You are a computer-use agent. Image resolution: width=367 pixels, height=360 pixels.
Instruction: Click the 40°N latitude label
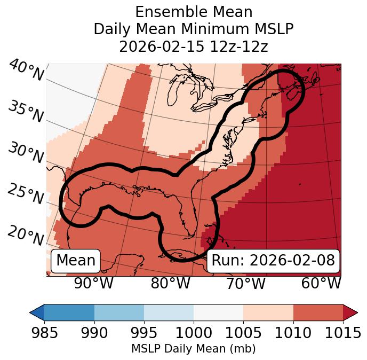pos(26,70)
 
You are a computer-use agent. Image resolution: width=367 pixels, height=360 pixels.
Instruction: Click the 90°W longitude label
pos(94,283)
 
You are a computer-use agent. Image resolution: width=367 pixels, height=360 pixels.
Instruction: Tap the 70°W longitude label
pos(246,283)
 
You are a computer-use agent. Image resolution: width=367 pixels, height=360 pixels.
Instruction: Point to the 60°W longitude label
pos(321,283)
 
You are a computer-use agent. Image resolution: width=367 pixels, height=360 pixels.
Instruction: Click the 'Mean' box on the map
pos(76,261)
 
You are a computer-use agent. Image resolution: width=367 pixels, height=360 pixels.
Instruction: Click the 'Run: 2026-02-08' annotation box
pos(273,261)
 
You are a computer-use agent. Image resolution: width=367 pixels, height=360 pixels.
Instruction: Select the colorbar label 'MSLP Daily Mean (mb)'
pos(194,349)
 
